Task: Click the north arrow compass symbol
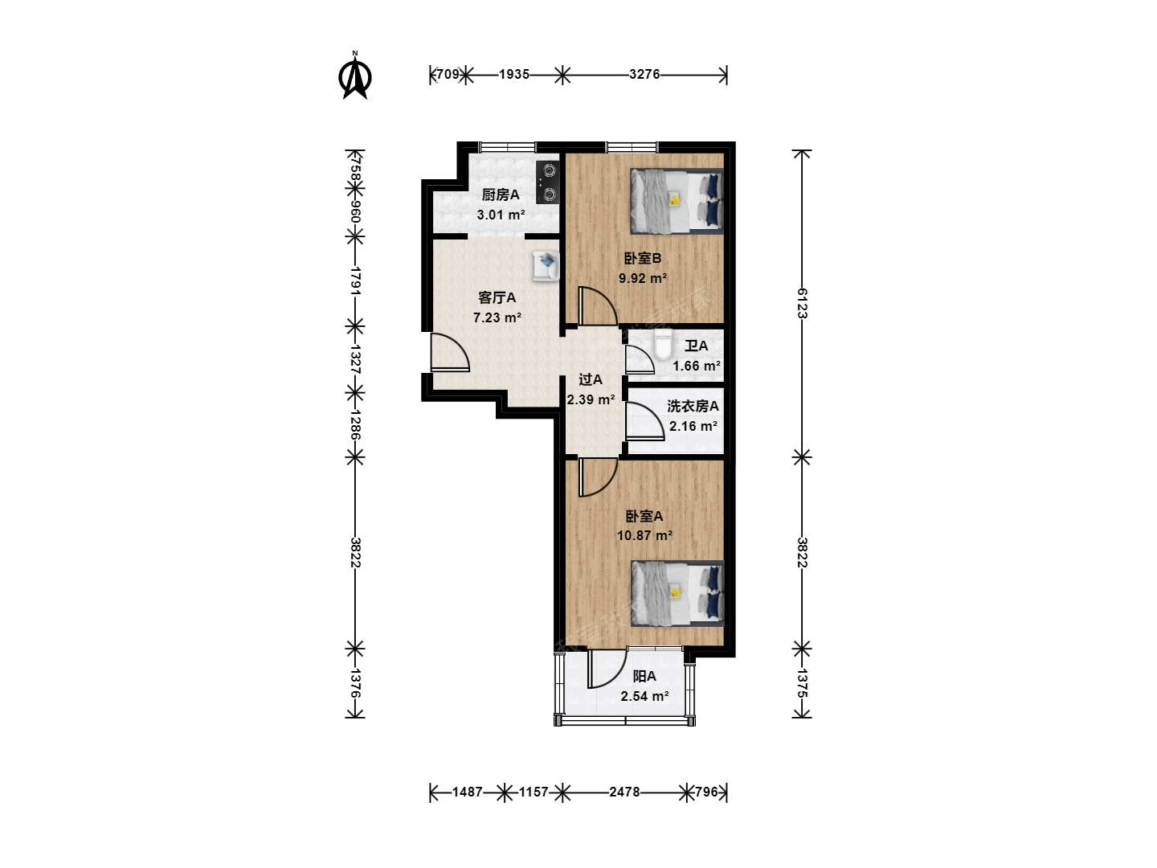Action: pyautogui.click(x=355, y=76)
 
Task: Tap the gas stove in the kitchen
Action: pyautogui.click(x=548, y=182)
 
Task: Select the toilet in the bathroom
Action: pyautogui.click(x=663, y=345)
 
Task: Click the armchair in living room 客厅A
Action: pyautogui.click(x=546, y=265)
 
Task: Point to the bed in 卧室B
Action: pyautogui.click(x=677, y=201)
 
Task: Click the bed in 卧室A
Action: pyautogui.click(x=677, y=593)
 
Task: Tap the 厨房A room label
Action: pyautogui.click(x=501, y=195)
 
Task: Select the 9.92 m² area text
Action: pyautogui.click(x=643, y=278)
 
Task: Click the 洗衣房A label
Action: pyautogui.click(x=693, y=407)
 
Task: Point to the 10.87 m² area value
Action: pyautogui.click(x=644, y=535)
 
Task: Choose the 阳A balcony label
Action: pyautogui.click(x=644, y=676)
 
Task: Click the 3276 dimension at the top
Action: pyautogui.click(x=644, y=74)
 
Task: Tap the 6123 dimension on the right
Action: pyautogui.click(x=802, y=303)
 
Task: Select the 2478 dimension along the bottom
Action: pyautogui.click(x=624, y=792)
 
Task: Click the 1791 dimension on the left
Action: pyautogui.click(x=355, y=281)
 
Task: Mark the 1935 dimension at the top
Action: pyautogui.click(x=514, y=74)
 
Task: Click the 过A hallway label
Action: pyautogui.click(x=590, y=379)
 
